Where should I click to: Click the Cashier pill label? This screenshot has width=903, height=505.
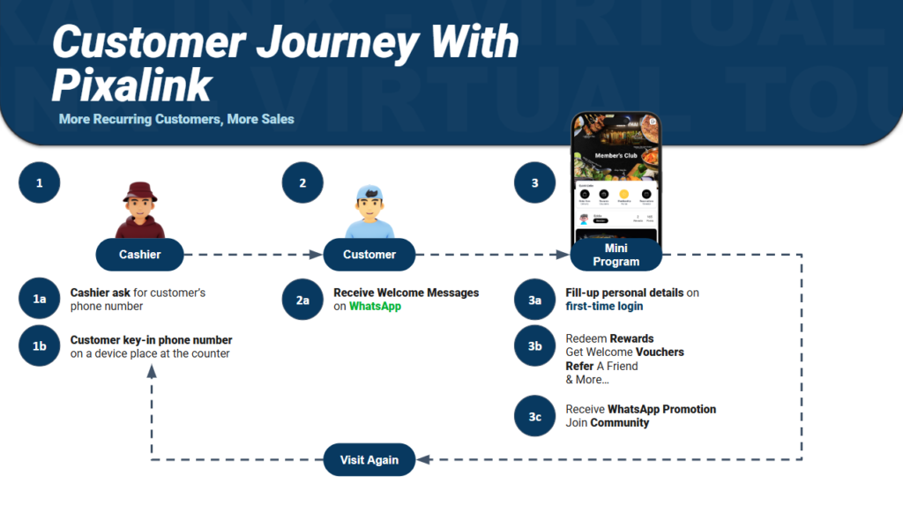tap(140, 255)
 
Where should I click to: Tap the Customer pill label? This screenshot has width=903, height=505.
tap(369, 255)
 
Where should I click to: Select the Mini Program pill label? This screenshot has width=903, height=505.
tap(616, 255)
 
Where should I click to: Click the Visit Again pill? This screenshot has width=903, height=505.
tap(369, 459)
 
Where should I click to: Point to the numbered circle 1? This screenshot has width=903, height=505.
tap(39, 184)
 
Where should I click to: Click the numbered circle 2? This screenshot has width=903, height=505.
tap(302, 183)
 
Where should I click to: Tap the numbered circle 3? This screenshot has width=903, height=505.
tap(535, 183)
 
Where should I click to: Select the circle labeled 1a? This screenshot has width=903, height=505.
tap(39, 300)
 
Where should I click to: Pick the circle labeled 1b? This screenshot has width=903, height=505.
tap(39, 346)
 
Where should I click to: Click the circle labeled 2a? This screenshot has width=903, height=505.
tap(302, 300)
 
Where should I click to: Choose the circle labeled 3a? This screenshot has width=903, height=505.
tap(535, 300)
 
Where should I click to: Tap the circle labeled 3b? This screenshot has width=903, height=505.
tap(535, 346)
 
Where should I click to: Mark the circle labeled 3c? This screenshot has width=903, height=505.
tap(535, 416)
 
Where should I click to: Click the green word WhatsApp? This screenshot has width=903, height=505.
tap(375, 307)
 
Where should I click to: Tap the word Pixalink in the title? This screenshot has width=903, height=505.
tap(132, 85)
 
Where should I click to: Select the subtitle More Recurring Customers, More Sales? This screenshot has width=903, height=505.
tap(176, 118)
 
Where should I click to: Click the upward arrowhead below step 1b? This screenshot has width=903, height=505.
tap(152, 372)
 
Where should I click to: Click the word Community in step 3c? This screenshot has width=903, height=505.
tap(619, 423)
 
